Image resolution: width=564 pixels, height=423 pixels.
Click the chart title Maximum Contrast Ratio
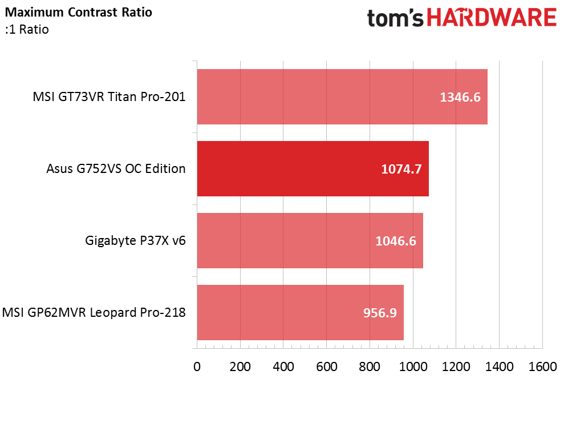pyautogui.click(x=79, y=12)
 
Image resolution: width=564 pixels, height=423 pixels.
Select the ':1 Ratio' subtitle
pyautogui.click(x=27, y=30)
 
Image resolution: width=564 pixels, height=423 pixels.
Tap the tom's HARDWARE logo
pyautogui.click(x=462, y=18)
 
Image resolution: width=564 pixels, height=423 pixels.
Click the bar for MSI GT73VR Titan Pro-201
pyautogui.click(x=342, y=97)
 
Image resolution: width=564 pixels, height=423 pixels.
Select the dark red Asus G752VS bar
pyautogui.click(x=313, y=168)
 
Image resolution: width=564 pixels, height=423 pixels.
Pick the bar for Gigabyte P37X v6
pyautogui.click(x=310, y=240)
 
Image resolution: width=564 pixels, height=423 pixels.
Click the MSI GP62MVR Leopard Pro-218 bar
pyautogui.click(x=301, y=312)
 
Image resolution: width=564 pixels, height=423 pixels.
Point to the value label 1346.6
pyautogui.click(x=460, y=97)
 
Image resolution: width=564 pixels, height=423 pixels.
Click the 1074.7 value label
pyautogui.click(x=401, y=169)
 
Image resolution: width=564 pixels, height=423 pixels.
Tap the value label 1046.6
pyautogui.click(x=396, y=241)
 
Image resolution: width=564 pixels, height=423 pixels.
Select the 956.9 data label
pyautogui.click(x=380, y=313)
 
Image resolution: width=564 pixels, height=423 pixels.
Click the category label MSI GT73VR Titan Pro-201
pyautogui.click(x=109, y=97)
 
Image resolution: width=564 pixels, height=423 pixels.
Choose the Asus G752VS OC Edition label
pyautogui.click(x=116, y=168)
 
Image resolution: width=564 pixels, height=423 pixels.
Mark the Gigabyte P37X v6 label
pyautogui.click(x=135, y=240)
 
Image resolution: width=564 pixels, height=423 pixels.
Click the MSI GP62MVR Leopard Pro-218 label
pyautogui.click(x=94, y=312)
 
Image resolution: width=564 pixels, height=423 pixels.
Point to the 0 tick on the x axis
pyautogui.click(x=197, y=366)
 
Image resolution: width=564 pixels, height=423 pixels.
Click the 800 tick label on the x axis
pyautogui.click(x=370, y=366)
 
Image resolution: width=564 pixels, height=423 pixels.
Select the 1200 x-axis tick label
pyautogui.click(x=456, y=366)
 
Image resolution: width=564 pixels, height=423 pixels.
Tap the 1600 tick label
pyautogui.click(x=542, y=366)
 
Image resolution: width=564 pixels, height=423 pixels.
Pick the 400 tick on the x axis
pyautogui.click(x=283, y=366)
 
